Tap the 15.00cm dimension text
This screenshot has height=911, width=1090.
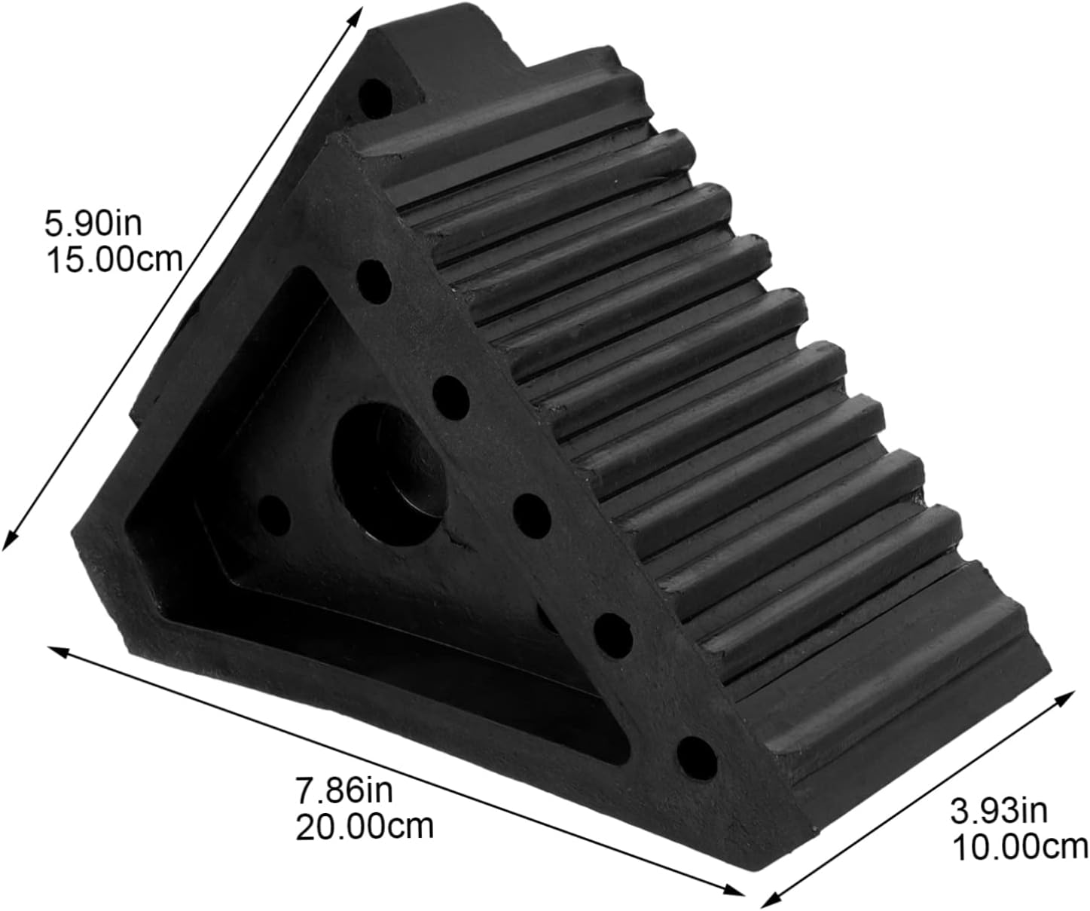pyautogui.click(x=114, y=260)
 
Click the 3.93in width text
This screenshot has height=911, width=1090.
pyautogui.click(x=999, y=812)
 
